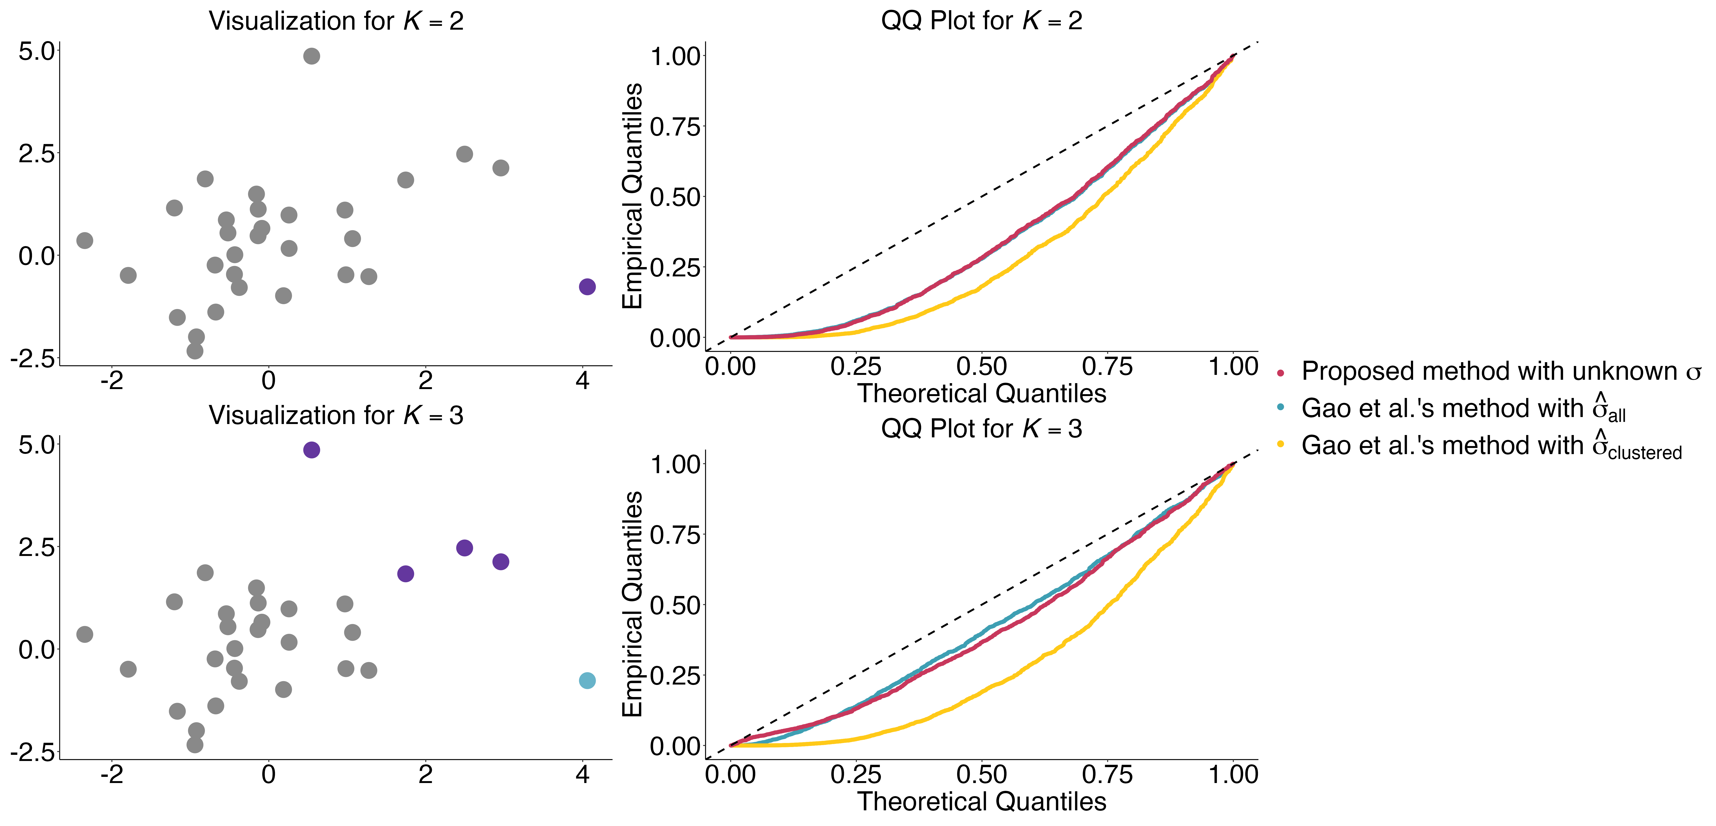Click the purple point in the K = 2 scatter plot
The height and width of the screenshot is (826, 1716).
(587, 287)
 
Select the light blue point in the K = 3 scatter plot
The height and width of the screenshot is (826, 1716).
(587, 681)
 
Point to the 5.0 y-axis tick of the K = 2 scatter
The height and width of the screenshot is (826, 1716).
(37, 51)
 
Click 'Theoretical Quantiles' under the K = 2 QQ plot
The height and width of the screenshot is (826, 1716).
(981, 394)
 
